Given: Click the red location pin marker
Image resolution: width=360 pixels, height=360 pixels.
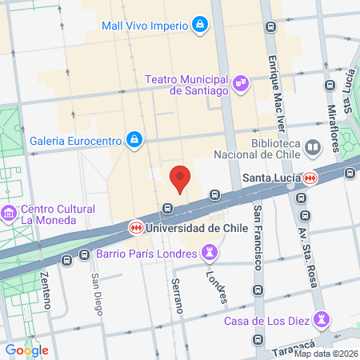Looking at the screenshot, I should click(180, 178).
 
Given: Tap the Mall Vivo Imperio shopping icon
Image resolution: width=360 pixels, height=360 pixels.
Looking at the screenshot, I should click(198, 25).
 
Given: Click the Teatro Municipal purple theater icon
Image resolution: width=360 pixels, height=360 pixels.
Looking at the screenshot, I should click(240, 82).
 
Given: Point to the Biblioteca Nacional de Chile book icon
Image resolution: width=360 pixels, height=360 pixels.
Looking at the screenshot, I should click(312, 147).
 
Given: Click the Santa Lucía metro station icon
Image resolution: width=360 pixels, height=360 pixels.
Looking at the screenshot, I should click(309, 177).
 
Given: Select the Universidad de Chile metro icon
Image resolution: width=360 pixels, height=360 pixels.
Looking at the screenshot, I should click(138, 227).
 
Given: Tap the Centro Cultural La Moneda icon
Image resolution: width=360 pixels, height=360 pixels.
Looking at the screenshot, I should click(10, 214).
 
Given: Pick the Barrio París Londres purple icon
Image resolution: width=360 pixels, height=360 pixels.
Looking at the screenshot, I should click(210, 254).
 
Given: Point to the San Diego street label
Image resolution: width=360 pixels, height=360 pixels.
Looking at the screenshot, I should click(97, 293).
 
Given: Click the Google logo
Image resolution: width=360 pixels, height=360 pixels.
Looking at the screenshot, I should click(27, 350).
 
